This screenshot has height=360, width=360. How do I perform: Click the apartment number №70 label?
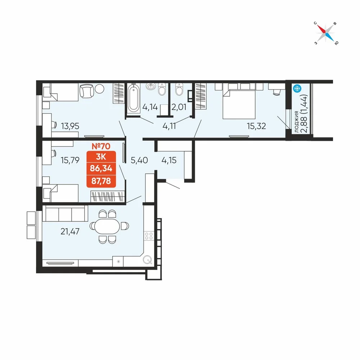coord(101,146)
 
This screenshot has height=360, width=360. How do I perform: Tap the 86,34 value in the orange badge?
coord(101,168)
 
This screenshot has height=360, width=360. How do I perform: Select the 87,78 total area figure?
coord(101,181)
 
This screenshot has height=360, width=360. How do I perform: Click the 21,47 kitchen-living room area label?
coord(70,231)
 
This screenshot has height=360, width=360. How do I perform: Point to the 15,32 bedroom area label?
coord(256,126)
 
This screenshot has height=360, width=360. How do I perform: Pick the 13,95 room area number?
coord(70,126)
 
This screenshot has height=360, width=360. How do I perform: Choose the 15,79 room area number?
coord(70,160)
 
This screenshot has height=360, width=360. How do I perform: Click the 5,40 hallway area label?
coord(139,160)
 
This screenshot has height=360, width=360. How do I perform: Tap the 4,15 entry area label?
coord(169,160)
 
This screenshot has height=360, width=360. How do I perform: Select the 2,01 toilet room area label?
coord(179,107)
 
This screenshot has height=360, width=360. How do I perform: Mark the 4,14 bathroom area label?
coord(150,107)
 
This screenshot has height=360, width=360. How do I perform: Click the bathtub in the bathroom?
coord(134,98)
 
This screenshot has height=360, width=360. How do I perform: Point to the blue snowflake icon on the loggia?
coord(297,89)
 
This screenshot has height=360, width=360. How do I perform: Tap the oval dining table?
coord(108,226)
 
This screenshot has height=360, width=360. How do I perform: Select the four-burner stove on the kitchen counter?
coord(149,236)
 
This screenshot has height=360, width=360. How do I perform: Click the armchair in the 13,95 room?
coord(86,91)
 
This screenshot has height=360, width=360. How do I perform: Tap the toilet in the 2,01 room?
coord(179,90)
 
